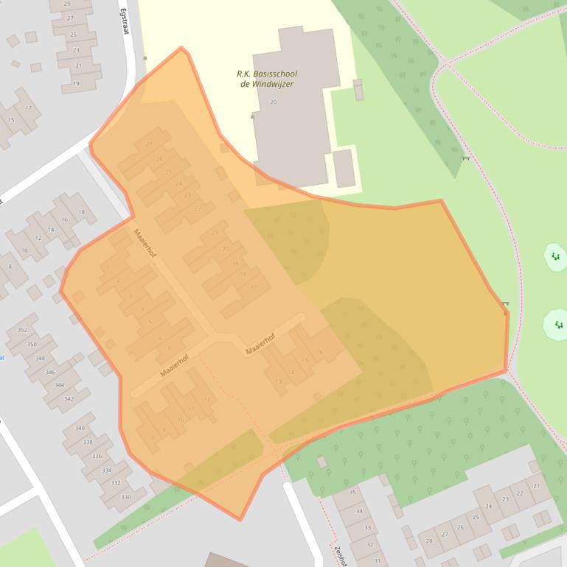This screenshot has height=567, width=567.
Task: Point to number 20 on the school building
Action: tap(274, 102)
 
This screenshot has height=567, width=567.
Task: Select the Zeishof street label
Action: tap(341, 555)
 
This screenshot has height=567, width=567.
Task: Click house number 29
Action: tap(67, 4)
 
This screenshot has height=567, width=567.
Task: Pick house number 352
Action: tap(22, 330)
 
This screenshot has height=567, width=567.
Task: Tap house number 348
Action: tap(40, 359)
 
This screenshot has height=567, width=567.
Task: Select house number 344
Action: tap(59, 385)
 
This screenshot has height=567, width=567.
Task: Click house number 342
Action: tap(69, 398)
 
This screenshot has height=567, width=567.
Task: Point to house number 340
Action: tap(80, 429)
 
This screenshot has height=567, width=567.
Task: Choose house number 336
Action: tap(97, 457)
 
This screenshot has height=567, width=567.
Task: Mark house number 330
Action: tap(125, 497)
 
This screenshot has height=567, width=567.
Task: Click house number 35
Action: tap(352, 492)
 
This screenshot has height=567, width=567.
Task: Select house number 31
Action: tap(377, 561)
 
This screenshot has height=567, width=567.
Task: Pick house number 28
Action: tap(429, 541)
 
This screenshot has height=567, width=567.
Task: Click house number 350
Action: tap(32, 345)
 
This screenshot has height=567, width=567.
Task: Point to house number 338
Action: tap(88, 443)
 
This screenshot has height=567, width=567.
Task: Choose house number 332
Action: tap(116, 483)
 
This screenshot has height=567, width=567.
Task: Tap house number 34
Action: tap(360, 510)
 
